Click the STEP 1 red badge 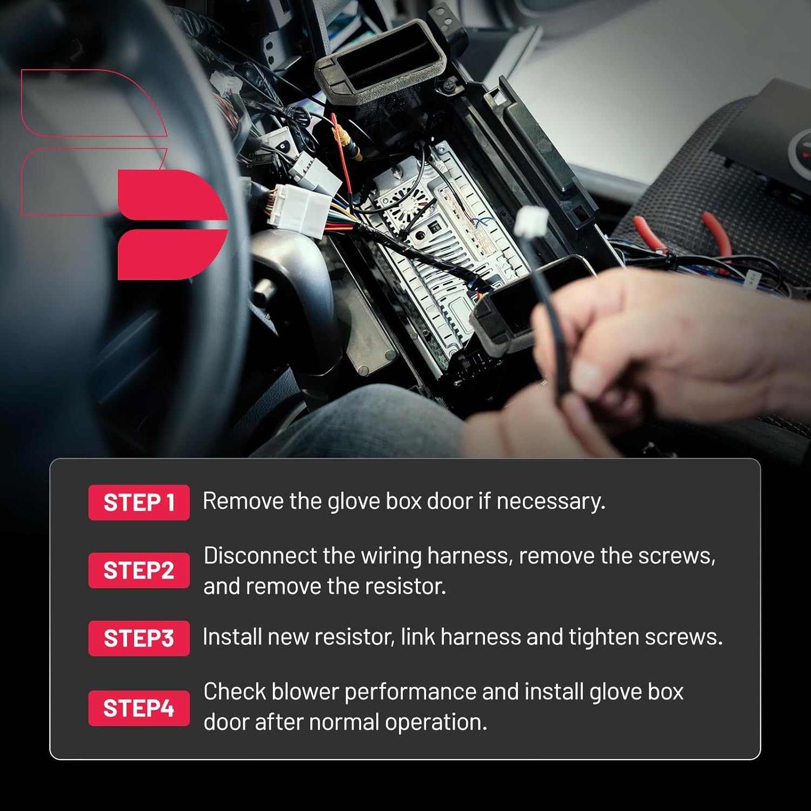pyautogui.click(x=139, y=502)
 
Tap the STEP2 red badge pyautogui.click(x=139, y=570)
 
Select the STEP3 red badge pyautogui.click(x=139, y=638)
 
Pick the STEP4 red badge pyautogui.click(x=139, y=708)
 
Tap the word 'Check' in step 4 pyautogui.click(x=234, y=692)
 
